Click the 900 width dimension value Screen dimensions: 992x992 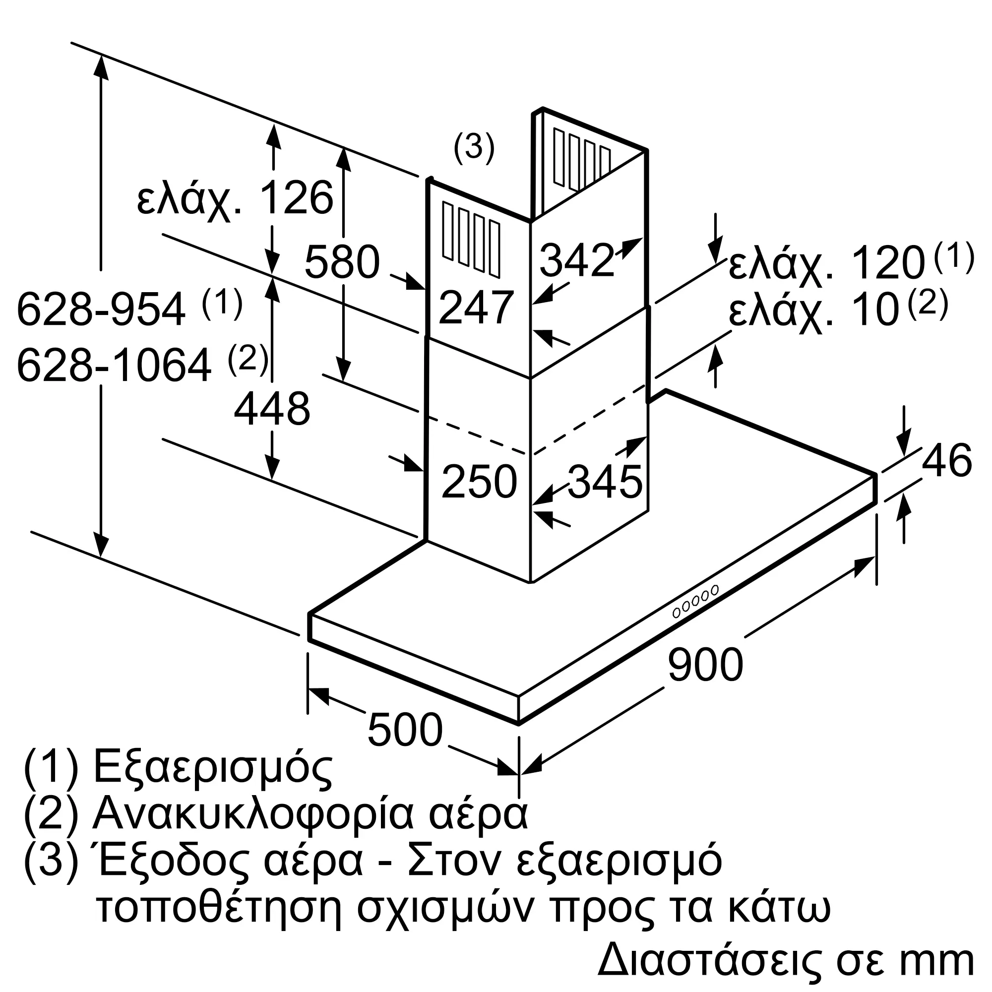[705, 665]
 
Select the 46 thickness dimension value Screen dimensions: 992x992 [946, 460]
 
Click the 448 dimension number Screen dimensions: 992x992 [272, 409]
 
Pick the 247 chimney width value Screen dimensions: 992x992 [476, 308]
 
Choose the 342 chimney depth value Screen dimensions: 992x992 [576, 261]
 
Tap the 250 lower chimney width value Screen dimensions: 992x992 [479, 482]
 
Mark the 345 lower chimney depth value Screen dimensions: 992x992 [605, 482]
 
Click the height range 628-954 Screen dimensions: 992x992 [101, 310]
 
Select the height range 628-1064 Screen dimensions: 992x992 [114, 366]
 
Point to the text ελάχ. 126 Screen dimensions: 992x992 [235, 198]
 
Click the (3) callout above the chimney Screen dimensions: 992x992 [473, 147]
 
